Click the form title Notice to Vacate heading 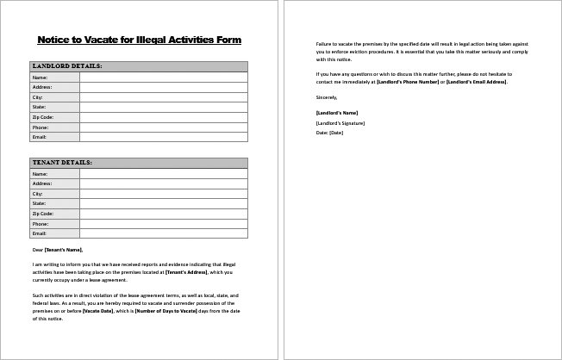point(140,40)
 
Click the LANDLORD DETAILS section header point(67,66)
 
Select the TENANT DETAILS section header point(62,163)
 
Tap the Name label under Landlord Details point(40,78)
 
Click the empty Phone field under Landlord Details point(163,127)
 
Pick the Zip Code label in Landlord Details point(43,117)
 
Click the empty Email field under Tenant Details point(163,233)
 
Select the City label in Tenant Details point(38,194)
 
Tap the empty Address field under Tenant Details point(163,183)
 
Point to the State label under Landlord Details point(39,107)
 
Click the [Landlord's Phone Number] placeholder point(407,82)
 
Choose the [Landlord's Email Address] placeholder point(477,82)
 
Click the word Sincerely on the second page point(327,97)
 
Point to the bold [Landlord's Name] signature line point(337,113)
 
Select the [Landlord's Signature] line point(340,123)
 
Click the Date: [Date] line point(330,133)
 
